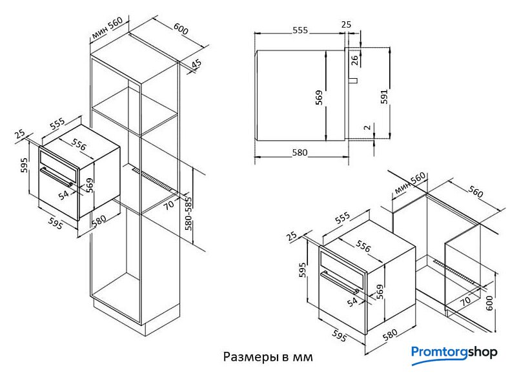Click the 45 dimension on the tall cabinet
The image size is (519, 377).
[x=196, y=64]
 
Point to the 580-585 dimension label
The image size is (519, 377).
[x=188, y=214]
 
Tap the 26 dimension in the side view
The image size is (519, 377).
[x=354, y=60]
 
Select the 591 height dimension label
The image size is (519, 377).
[x=384, y=97]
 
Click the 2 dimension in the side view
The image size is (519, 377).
[x=368, y=127]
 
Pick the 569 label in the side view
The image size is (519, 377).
[x=319, y=97]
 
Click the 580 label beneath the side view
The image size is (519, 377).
[x=300, y=152]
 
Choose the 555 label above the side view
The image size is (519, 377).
[x=300, y=30]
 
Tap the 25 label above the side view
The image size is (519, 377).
[x=346, y=24]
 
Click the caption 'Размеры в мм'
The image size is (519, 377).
[x=268, y=357]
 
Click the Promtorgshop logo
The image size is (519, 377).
[x=454, y=355]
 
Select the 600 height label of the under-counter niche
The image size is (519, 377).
[x=489, y=303]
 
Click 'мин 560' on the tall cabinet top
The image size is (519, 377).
[x=107, y=28]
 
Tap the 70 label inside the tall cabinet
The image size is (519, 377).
[x=169, y=205]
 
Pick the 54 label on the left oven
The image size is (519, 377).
[x=64, y=195]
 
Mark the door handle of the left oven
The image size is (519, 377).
[x=56, y=177]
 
